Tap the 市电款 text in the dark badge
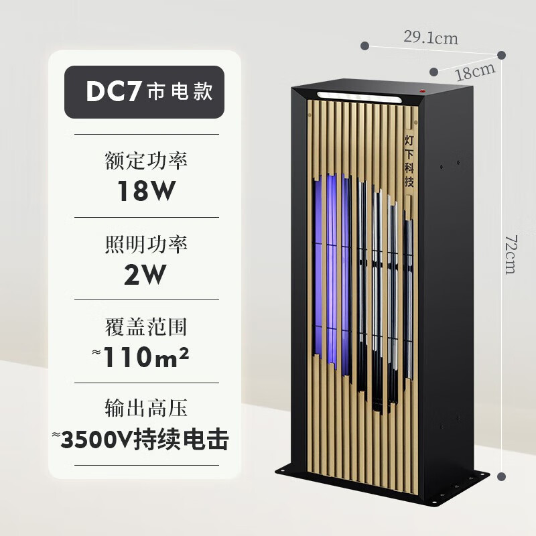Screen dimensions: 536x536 (179, 92)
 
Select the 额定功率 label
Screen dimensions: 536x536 (146, 161)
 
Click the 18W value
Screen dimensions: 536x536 (146, 191)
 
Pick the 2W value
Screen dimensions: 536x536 (146, 274)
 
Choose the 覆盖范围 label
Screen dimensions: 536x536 (146, 328)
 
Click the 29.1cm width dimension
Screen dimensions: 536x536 (431, 38)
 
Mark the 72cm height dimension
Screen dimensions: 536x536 (510, 255)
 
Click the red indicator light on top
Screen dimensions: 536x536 (423, 89)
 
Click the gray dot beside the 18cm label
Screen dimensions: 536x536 (436, 70)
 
